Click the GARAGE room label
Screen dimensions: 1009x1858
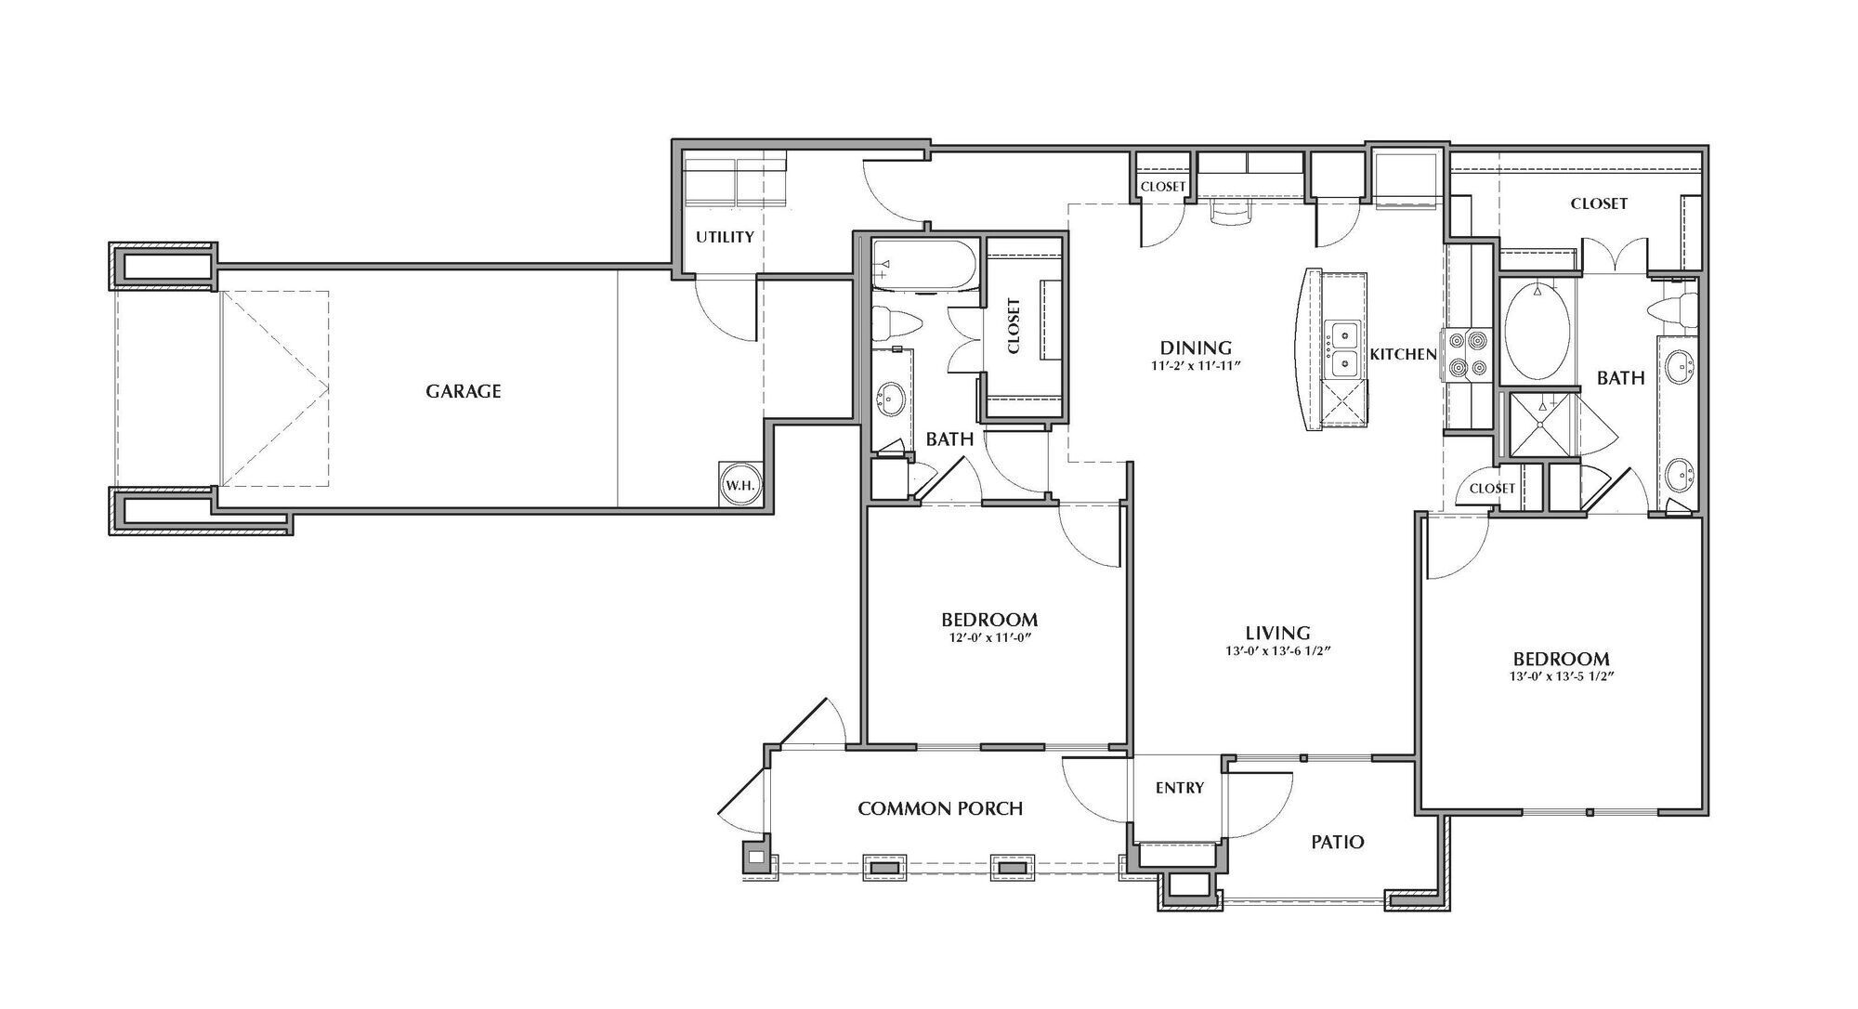pyautogui.click(x=463, y=391)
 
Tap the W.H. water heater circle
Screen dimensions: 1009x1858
pyautogui.click(x=740, y=485)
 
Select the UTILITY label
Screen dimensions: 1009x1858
pyautogui.click(x=725, y=237)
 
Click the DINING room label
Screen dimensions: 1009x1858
pyautogui.click(x=1196, y=347)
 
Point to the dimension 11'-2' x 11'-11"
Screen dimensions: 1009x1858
pyautogui.click(x=1196, y=366)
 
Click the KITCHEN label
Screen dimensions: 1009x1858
pyautogui.click(x=1403, y=354)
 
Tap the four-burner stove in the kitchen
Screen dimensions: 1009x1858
pyautogui.click(x=1466, y=355)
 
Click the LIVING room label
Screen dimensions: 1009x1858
pyautogui.click(x=1278, y=633)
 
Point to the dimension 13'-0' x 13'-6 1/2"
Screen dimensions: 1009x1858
pyautogui.click(x=1278, y=651)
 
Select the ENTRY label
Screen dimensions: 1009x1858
pyautogui.click(x=1179, y=788)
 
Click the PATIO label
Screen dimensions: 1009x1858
pyautogui.click(x=1337, y=842)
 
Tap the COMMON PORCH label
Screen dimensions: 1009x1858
pyautogui.click(x=939, y=808)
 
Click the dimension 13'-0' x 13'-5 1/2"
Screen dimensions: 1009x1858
pyautogui.click(x=1560, y=677)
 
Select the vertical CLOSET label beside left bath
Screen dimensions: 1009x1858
pyautogui.click(x=1014, y=326)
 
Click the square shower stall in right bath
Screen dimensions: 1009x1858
pyautogui.click(x=1541, y=426)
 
